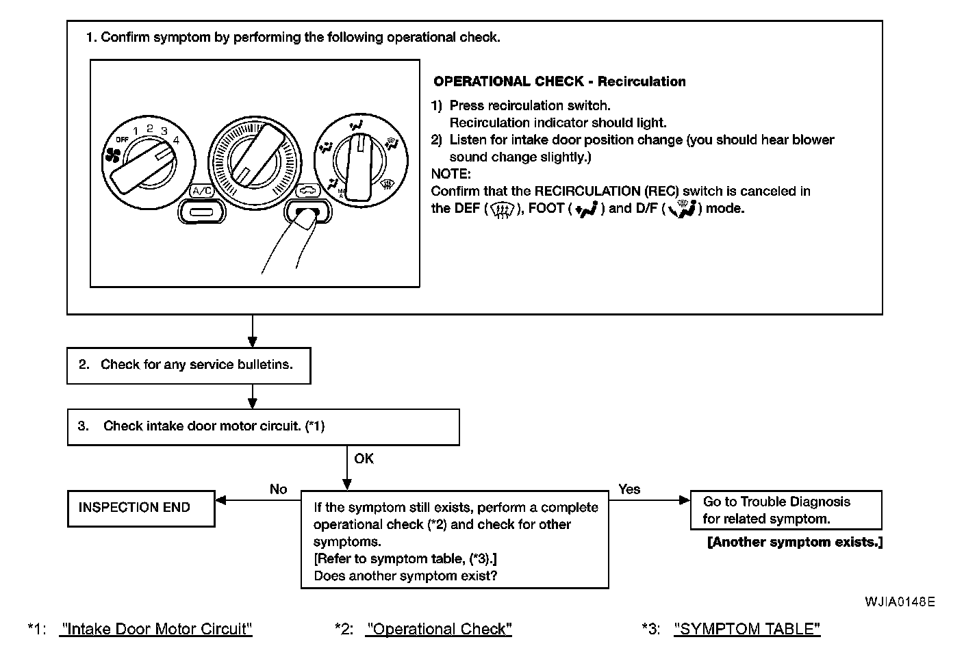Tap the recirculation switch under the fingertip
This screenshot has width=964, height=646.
[x=307, y=213]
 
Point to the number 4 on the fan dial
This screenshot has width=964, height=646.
[x=177, y=140]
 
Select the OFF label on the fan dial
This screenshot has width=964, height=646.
[x=122, y=139]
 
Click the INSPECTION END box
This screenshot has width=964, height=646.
[x=140, y=508]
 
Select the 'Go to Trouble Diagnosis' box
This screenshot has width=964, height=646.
[x=785, y=510]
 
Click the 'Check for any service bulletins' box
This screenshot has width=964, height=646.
[x=188, y=365]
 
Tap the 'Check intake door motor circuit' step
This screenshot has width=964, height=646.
[x=263, y=426]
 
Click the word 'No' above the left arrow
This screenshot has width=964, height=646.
[x=278, y=489]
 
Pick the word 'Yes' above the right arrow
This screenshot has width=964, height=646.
[x=629, y=489]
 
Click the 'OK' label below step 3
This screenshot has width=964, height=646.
[x=364, y=458]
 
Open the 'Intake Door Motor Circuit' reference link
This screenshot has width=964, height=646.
[x=157, y=629]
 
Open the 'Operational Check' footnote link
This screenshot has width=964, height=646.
[x=440, y=629]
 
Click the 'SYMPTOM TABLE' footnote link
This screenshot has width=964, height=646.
[x=747, y=629]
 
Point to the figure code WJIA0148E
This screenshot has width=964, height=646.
[x=899, y=602]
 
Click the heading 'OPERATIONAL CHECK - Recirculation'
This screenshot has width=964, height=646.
[x=559, y=81]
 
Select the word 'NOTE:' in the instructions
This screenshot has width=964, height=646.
[x=451, y=174]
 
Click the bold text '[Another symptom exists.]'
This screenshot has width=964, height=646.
[x=794, y=542]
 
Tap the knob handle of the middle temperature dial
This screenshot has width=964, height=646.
[x=254, y=155]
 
